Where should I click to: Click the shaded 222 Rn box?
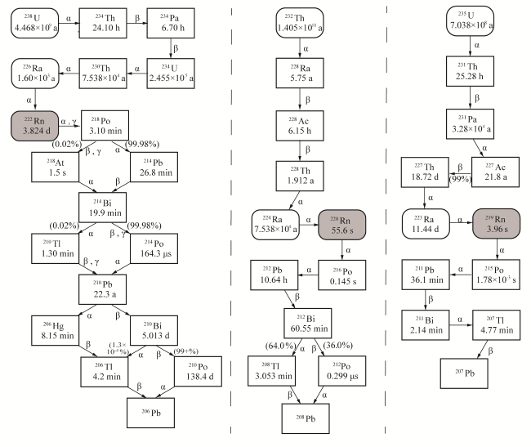(35, 126)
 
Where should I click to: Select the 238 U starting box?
(35, 23)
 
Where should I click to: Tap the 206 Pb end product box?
(150, 413)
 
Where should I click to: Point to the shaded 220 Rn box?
(342, 225)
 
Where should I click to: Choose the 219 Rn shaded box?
(496, 224)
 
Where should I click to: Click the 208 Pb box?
(306, 418)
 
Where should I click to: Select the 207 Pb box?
(464, 373)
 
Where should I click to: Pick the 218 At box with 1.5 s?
(56, 167)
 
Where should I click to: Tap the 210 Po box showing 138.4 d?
(199, 371)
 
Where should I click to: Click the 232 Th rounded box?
(300, 23)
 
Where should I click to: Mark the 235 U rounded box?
(470, 20)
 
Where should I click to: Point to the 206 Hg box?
(56, 330)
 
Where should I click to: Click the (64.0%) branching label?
(280, 346)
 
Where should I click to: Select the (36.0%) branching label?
(338, 345)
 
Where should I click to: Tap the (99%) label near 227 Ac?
(460, 179)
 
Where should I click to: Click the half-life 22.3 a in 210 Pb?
(105, 294)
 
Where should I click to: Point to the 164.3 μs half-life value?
(156, 253)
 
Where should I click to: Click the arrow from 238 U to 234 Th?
(69, 23)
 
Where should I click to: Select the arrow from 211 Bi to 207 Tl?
(461, 325)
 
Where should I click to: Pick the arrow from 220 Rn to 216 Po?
(342, 250)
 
